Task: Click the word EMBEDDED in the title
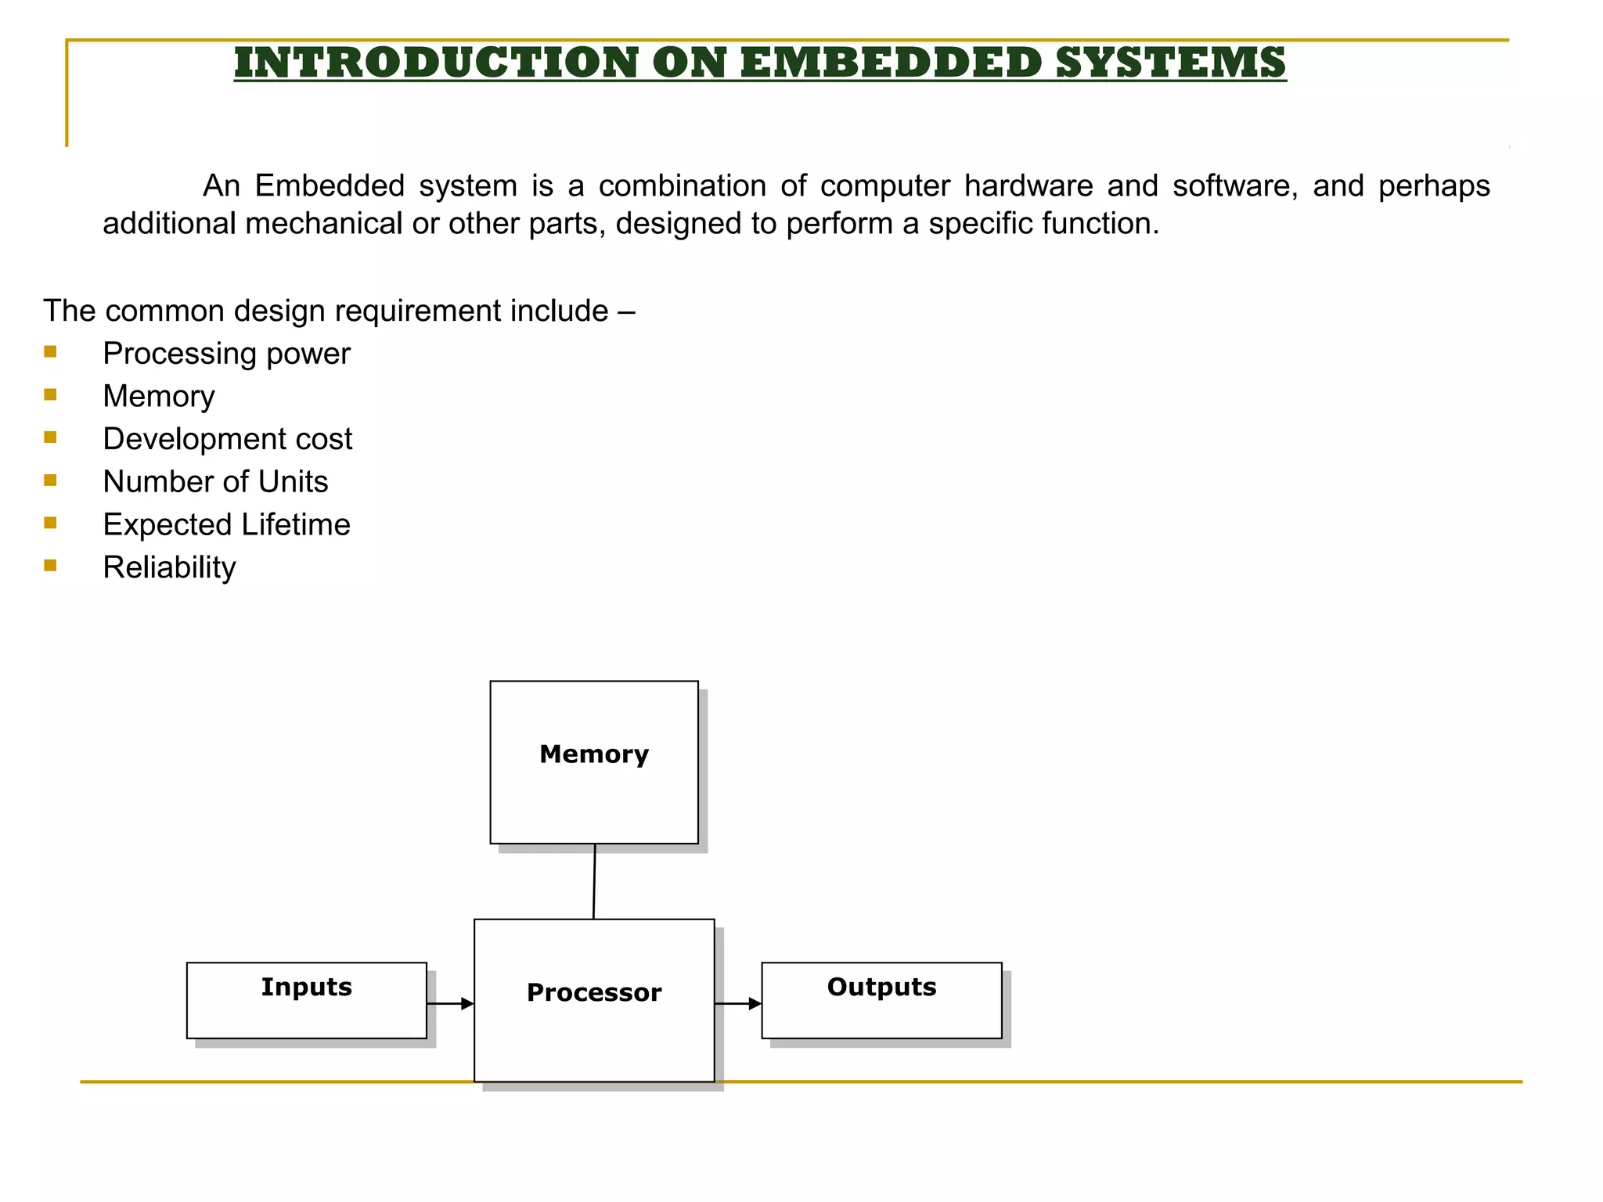click(x=890, y=63)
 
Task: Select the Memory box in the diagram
click(x=594, y=762)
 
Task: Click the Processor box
click(x=594, y=999)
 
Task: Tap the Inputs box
click(x=306, y=1000)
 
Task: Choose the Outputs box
click(x=881, y=1000)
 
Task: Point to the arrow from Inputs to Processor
click(x=451, y=1003)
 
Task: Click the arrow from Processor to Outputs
click(x=738, y=1003)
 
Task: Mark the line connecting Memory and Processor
click(x=594, y=881)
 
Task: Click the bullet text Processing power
click(x=226, y=354)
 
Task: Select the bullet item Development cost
click(x=227, y=439)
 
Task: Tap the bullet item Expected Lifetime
click(x=226, y=524)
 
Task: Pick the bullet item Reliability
click(x=169, y=567)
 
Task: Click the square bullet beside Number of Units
click(x=51, y=480)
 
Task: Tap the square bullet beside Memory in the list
click(x=51, y=394)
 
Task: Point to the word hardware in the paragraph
click(x=1028, y=186)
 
